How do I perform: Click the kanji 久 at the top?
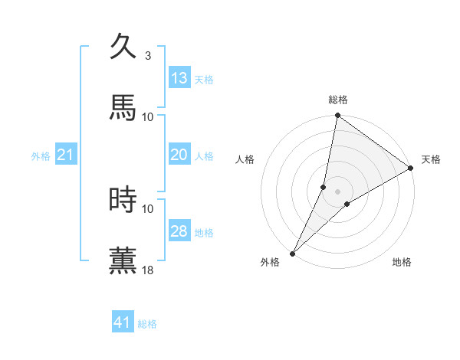pos(123,47)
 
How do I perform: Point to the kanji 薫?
pos(123,260)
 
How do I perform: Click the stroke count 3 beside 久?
pos(148,55)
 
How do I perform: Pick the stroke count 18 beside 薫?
pos(148,270)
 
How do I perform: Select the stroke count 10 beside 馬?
pos(148,116)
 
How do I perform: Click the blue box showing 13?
pos(179,78)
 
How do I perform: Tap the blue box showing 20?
pos(179,155)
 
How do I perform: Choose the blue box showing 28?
pos(179,231)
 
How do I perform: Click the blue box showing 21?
pos(66,155)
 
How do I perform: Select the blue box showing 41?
pos(123,322)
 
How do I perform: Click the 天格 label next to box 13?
pos(204,80)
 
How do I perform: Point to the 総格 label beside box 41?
pos(147,324)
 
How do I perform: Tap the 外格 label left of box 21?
pos(41,156)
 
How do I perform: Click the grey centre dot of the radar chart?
pos(338,191)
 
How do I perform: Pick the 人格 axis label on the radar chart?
pos(245,159)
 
